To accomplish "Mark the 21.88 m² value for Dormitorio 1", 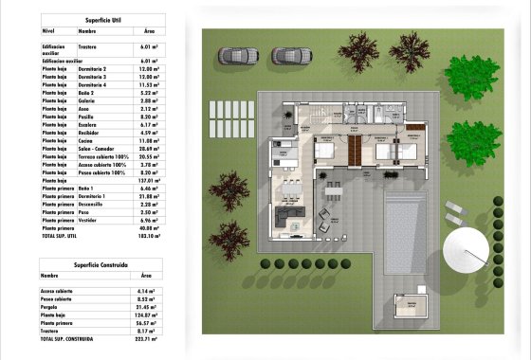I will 147,196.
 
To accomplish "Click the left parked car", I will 235,57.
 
